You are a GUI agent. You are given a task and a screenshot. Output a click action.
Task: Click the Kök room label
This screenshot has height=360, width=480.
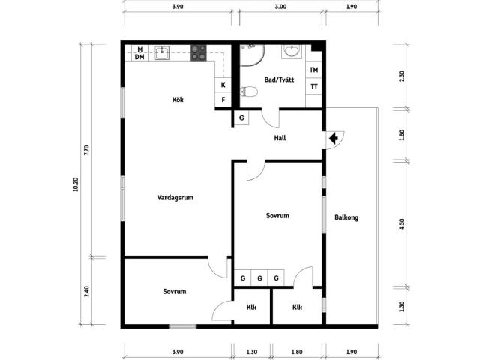pyautogui.click(x=178, y=100)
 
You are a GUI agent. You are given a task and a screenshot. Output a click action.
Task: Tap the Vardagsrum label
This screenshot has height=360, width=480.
pyautogui.click(x=175, y=197)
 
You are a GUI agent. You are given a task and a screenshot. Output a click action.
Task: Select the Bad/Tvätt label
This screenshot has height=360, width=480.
pyautogui.click(x=279, y=79)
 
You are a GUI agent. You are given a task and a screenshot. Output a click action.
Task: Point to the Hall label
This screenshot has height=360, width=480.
pyautogui.click(x=280, y=138)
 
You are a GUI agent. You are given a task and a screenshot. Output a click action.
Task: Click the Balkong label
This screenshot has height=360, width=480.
pyautogui.click(x=346, y=217)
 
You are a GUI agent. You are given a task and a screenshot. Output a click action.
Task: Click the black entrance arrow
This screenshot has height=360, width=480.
pyautogui.click(x=334, y=138)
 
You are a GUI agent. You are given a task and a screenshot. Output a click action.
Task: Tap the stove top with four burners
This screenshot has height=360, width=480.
pyautogui.click(x=198, y=53)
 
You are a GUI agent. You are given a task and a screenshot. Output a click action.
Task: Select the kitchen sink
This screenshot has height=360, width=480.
pyautogui.click(x=162, y=53)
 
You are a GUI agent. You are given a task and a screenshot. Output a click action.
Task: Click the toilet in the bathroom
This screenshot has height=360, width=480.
pyautogui.click(x=248, y=91)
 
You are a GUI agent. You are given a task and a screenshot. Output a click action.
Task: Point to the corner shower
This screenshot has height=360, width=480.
pyautogui.click(x=252, y=55)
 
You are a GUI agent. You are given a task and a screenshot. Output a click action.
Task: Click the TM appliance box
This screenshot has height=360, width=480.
pyautogui.click(x=313, y=70)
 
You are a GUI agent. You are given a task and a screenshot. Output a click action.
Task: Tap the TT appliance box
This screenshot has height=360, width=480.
pyautogui.click(x=313, y=86)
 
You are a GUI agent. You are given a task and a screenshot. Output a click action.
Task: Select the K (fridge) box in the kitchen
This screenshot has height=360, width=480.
pyautogui.click(x=223, y=85)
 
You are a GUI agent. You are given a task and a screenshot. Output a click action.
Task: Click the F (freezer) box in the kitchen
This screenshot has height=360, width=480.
pyautogui.click(x=223, y=100)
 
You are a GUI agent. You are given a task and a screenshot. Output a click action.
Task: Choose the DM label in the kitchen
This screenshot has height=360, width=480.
pyautogui.click(x=139, y=57)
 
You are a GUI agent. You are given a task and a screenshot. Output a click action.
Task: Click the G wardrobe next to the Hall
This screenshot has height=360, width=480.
pyautogui.click(x=241, y=118)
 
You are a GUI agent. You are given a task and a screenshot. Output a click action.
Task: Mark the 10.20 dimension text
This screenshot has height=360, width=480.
pyautogui.click(x=76, y=184)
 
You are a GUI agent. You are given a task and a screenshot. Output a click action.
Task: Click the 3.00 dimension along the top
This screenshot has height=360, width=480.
pyautogui.click(x=280, y=7)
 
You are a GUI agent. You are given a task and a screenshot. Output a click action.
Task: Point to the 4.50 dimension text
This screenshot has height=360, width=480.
pyautogui.click(x=402, y=224)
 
